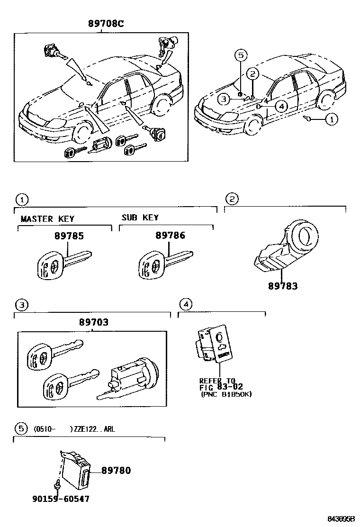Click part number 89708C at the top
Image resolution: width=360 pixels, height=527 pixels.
(105, 24)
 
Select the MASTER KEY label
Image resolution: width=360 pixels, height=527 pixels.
(47, 219)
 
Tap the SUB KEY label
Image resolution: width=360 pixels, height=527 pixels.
(140, 218)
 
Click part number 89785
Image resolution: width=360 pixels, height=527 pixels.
(69, 236)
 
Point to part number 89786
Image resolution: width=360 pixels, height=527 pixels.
(170, 236)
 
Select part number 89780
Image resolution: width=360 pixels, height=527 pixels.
(116, 471)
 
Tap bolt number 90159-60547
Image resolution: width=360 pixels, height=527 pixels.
(61, 499)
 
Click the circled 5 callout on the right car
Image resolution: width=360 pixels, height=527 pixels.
(241, 55)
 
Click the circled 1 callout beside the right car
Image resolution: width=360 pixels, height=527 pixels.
(331, 119)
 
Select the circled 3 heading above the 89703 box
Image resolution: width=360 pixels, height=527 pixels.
(20, 304)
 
